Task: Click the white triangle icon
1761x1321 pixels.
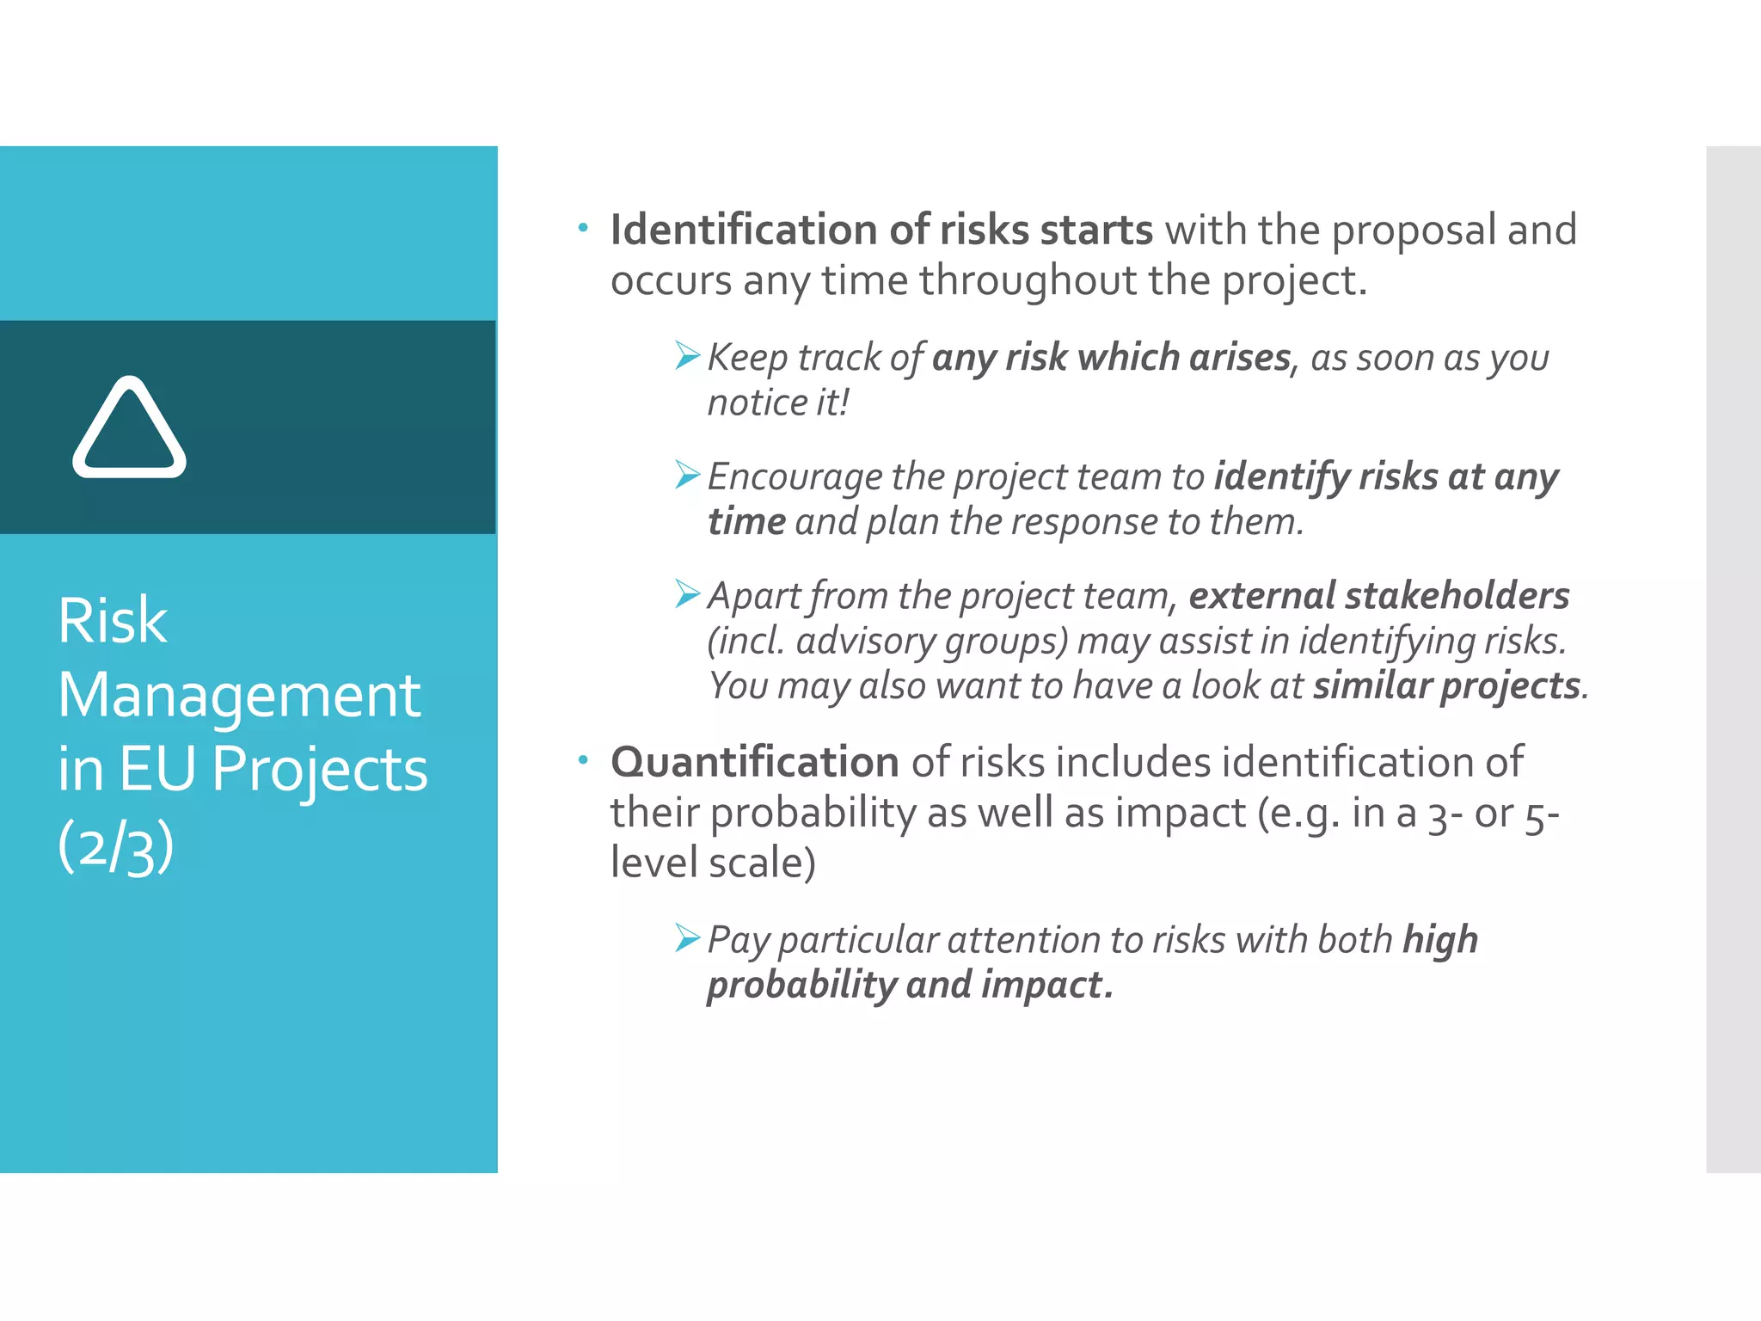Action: point(129,427)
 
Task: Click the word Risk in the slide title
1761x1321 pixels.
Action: point(113,621)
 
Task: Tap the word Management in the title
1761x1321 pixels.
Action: point(239,695)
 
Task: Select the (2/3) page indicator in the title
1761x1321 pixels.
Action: point(116,846)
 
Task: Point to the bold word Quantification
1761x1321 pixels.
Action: point(754,762)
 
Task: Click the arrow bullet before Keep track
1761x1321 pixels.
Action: point(687,354)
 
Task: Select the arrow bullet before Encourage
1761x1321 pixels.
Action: point(687,474)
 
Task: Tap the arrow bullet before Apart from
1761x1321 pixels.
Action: point(687,593)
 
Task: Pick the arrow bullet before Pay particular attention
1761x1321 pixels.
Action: point(687,937)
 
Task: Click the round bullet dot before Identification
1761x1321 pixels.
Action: point(583,228)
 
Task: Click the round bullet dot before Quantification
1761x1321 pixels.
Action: point(583,759)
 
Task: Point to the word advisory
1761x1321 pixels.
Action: point(865,642)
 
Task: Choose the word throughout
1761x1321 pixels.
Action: point(1028,280)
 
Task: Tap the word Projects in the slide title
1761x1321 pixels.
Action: point(319,770)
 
